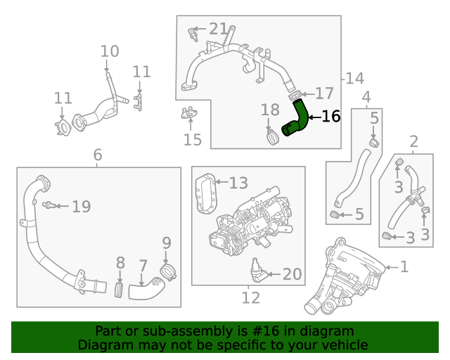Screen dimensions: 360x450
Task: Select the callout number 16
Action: pos(330,116)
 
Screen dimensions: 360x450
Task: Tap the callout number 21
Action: pos(218,30)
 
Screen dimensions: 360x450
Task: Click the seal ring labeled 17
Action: pos(296,94)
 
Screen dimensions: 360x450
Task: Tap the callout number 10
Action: pos(110,51)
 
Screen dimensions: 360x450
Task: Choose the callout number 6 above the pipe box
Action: pos(98,154)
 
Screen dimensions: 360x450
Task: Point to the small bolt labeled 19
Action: pos(49,206)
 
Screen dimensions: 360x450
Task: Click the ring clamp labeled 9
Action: pos(167,271)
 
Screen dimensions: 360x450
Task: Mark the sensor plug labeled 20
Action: pos(257,272)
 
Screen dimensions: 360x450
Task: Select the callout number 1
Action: pos(404,266)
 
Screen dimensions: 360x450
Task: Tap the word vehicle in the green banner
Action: pos(345,345)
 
